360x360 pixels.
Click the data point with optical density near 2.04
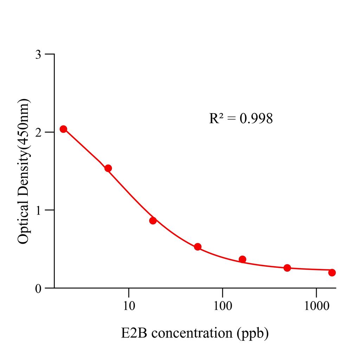[63, 129]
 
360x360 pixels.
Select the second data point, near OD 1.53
[108, 168]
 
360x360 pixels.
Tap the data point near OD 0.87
[153, 221]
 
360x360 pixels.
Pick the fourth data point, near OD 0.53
[198, 247]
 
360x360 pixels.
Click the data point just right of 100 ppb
[242, 259]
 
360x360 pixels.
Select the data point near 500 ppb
[287, 268]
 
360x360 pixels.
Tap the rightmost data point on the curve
[332, 272]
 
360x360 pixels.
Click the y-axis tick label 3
[39, 54]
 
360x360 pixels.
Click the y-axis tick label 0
[39, 288]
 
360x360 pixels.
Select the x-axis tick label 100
[222, 306]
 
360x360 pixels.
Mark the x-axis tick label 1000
[316, 306]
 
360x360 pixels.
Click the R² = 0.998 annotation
[241, 119]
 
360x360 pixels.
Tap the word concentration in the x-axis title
[192, 333]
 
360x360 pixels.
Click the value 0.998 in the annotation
[256, 119]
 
